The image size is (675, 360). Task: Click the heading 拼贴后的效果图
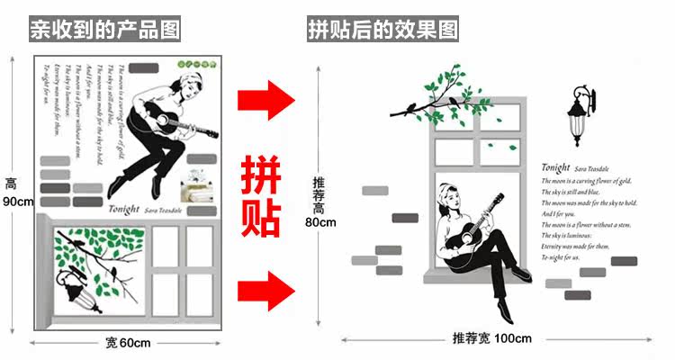383,30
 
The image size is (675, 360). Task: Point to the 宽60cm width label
128,342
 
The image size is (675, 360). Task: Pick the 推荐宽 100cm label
492,338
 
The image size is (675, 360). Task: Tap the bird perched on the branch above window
411,108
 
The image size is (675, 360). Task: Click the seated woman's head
449,192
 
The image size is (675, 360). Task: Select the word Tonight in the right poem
557,167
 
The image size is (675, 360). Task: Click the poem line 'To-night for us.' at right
562,257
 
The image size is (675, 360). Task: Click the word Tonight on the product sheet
123,209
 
